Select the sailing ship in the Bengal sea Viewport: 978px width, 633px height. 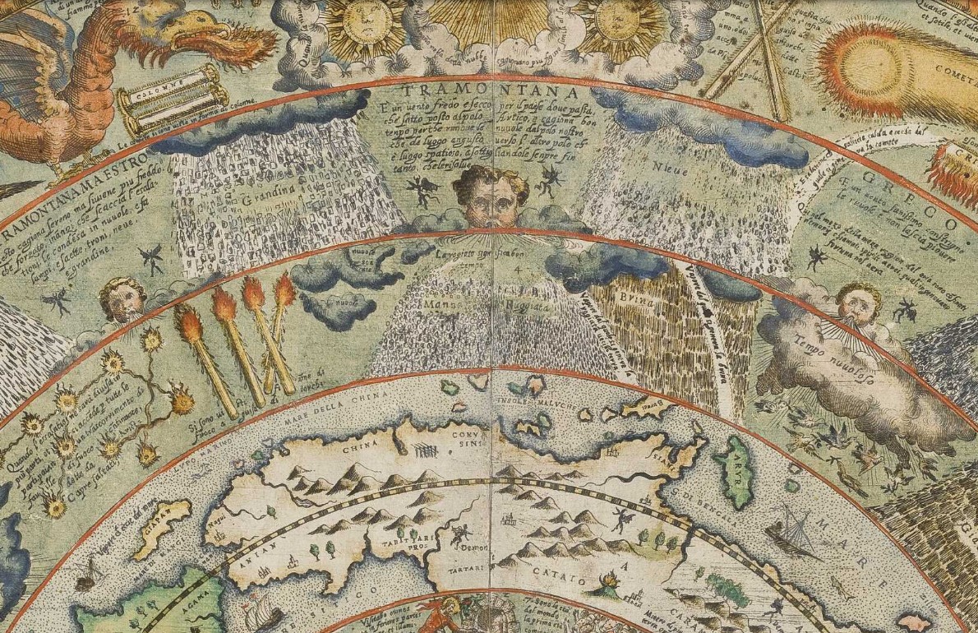tap(789, 531)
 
